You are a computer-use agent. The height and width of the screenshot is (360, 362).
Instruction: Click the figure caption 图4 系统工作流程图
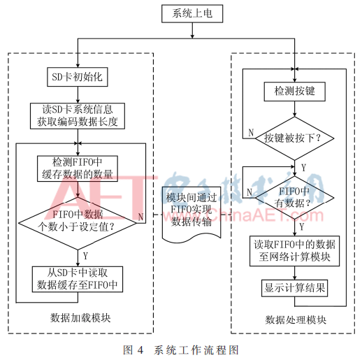tap(180, 347)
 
